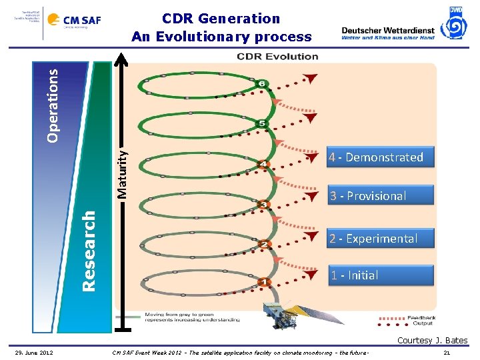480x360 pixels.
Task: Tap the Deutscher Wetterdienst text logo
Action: click(387, 33)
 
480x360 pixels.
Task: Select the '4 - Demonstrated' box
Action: click(375, 157)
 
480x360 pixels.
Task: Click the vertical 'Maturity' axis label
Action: click(122, 172)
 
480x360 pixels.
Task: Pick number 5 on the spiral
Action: click(262, 123)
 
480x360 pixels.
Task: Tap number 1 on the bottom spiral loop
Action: click(263, 283)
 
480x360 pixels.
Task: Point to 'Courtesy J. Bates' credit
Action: click(432, 341)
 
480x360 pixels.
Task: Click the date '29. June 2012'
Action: click(35, 352)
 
